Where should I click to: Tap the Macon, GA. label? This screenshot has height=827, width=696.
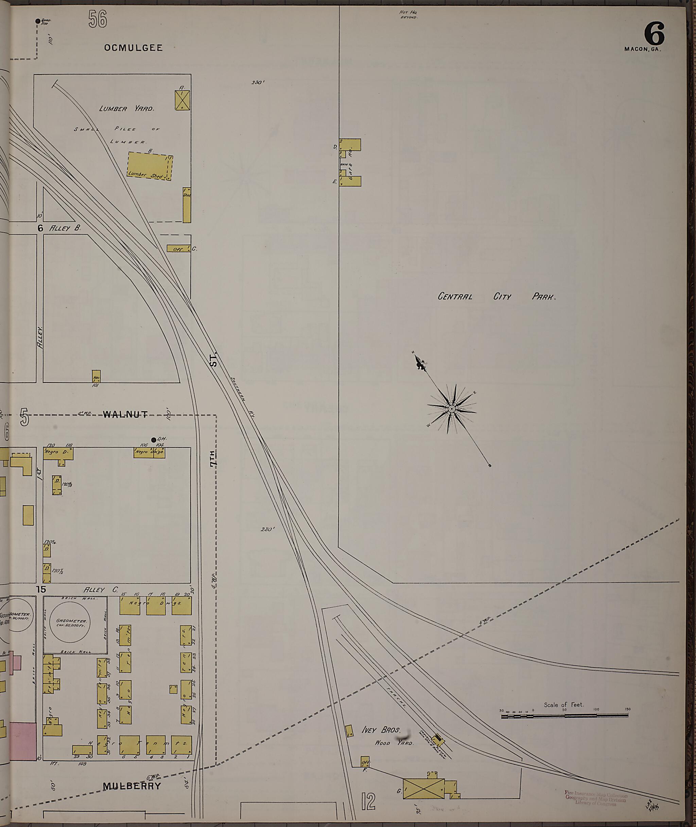click(x=642, y=49)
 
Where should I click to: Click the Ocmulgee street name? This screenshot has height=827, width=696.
click(x=133, y=48)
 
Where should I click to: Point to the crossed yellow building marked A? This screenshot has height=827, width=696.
click(x=182, y=100)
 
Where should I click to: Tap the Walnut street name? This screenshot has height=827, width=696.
click(x=125, y=414)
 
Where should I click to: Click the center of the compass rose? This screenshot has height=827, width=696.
click(x=451, y=409)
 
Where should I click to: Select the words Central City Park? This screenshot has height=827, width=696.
click(x=497, y=297)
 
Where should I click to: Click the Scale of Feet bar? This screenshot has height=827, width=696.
click(x=565, y=716)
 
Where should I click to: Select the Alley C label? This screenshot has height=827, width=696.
click(x=101, y=590)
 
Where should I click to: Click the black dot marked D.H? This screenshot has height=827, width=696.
click(x=154, y=440)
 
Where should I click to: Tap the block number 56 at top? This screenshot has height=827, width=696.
click(x=98, y=19)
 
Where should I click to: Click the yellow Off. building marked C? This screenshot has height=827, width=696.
click(x=179, y=249)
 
